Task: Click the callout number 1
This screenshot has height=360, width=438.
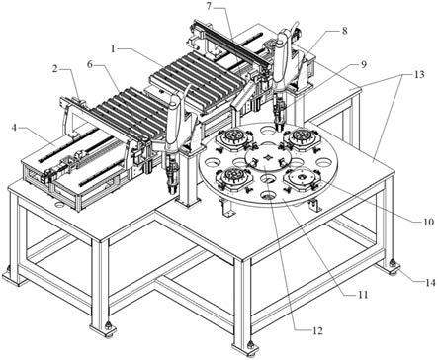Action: pos(113,49)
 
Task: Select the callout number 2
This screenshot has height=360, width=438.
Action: pos(55,69)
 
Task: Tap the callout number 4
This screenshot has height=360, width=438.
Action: pos(14,128)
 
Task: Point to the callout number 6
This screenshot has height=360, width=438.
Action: pos(90,65)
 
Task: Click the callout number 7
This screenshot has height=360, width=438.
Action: pos(210,6)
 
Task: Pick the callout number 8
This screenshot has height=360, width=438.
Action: pos(345,31)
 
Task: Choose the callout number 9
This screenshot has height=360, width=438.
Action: pos(363,64)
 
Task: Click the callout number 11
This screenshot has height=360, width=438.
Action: pos(362,294)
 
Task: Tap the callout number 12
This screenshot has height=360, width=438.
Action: pos(317,330)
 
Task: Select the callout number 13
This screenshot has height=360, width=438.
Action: pos(419,75)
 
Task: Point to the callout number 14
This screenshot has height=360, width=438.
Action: pos(430,283)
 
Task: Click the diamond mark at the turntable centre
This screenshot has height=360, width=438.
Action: pos(269,158)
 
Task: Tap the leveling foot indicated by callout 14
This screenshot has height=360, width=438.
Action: pos(393,266)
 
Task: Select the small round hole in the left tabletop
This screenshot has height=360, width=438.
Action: pos(59,205)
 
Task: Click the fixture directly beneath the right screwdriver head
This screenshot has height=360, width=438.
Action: pos(301,137)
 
